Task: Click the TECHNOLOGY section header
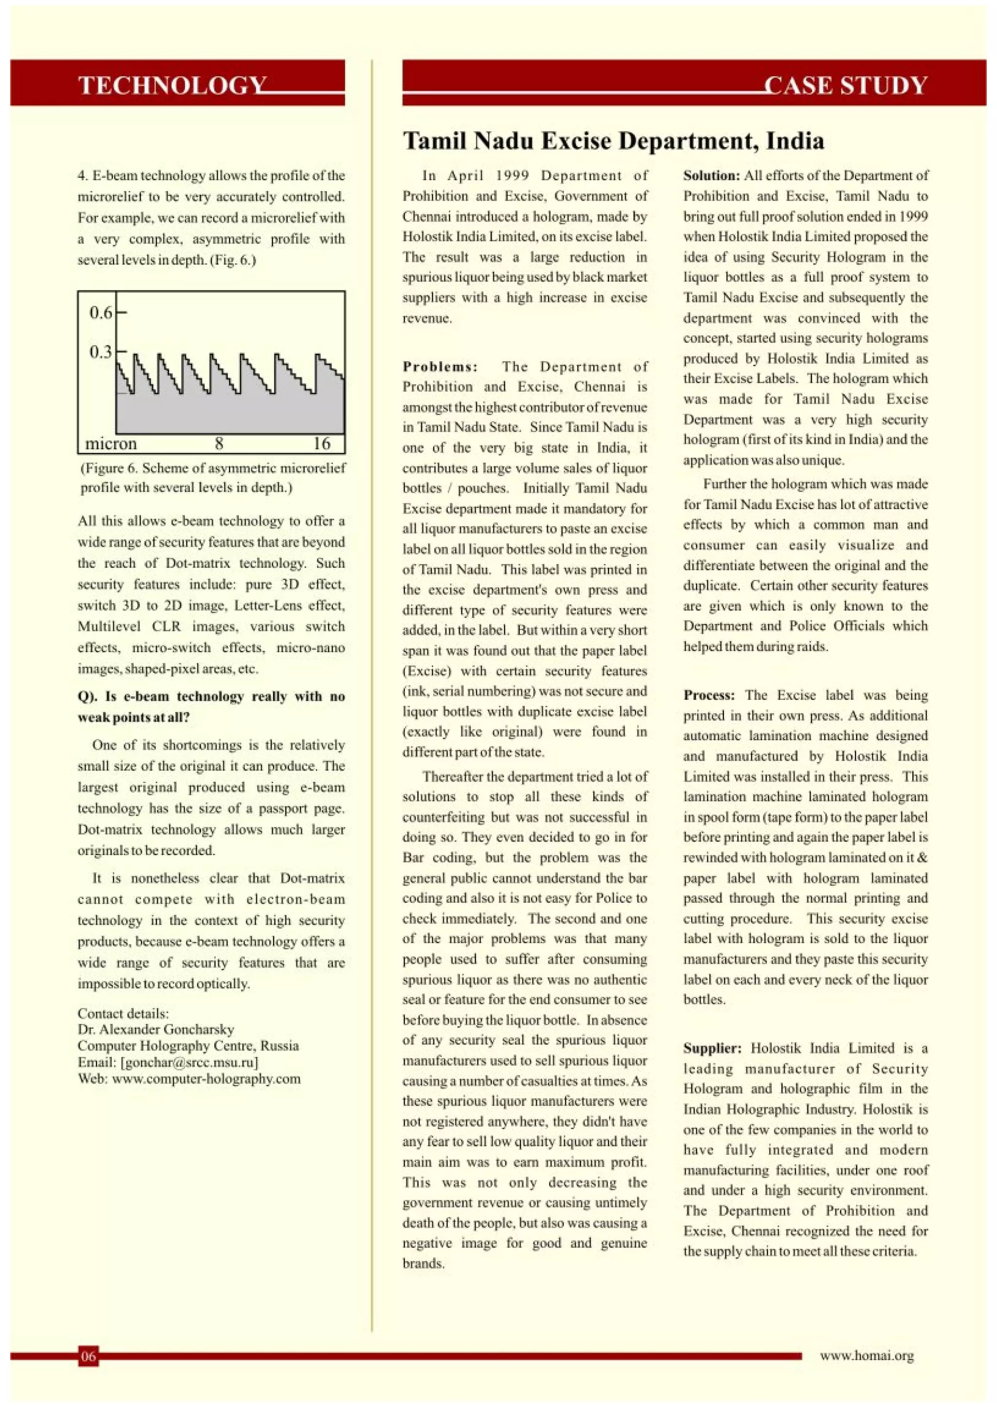point(172,85)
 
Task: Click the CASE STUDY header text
point(846,85)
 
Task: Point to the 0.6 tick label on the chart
point(101,312)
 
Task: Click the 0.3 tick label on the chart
point(101,352)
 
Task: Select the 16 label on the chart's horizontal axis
point(322,443)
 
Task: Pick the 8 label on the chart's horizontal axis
point(219,443)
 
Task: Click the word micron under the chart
point(111,443)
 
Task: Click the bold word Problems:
point(440,366)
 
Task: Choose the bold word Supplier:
point(712,1048)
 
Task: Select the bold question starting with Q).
point(211,706)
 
